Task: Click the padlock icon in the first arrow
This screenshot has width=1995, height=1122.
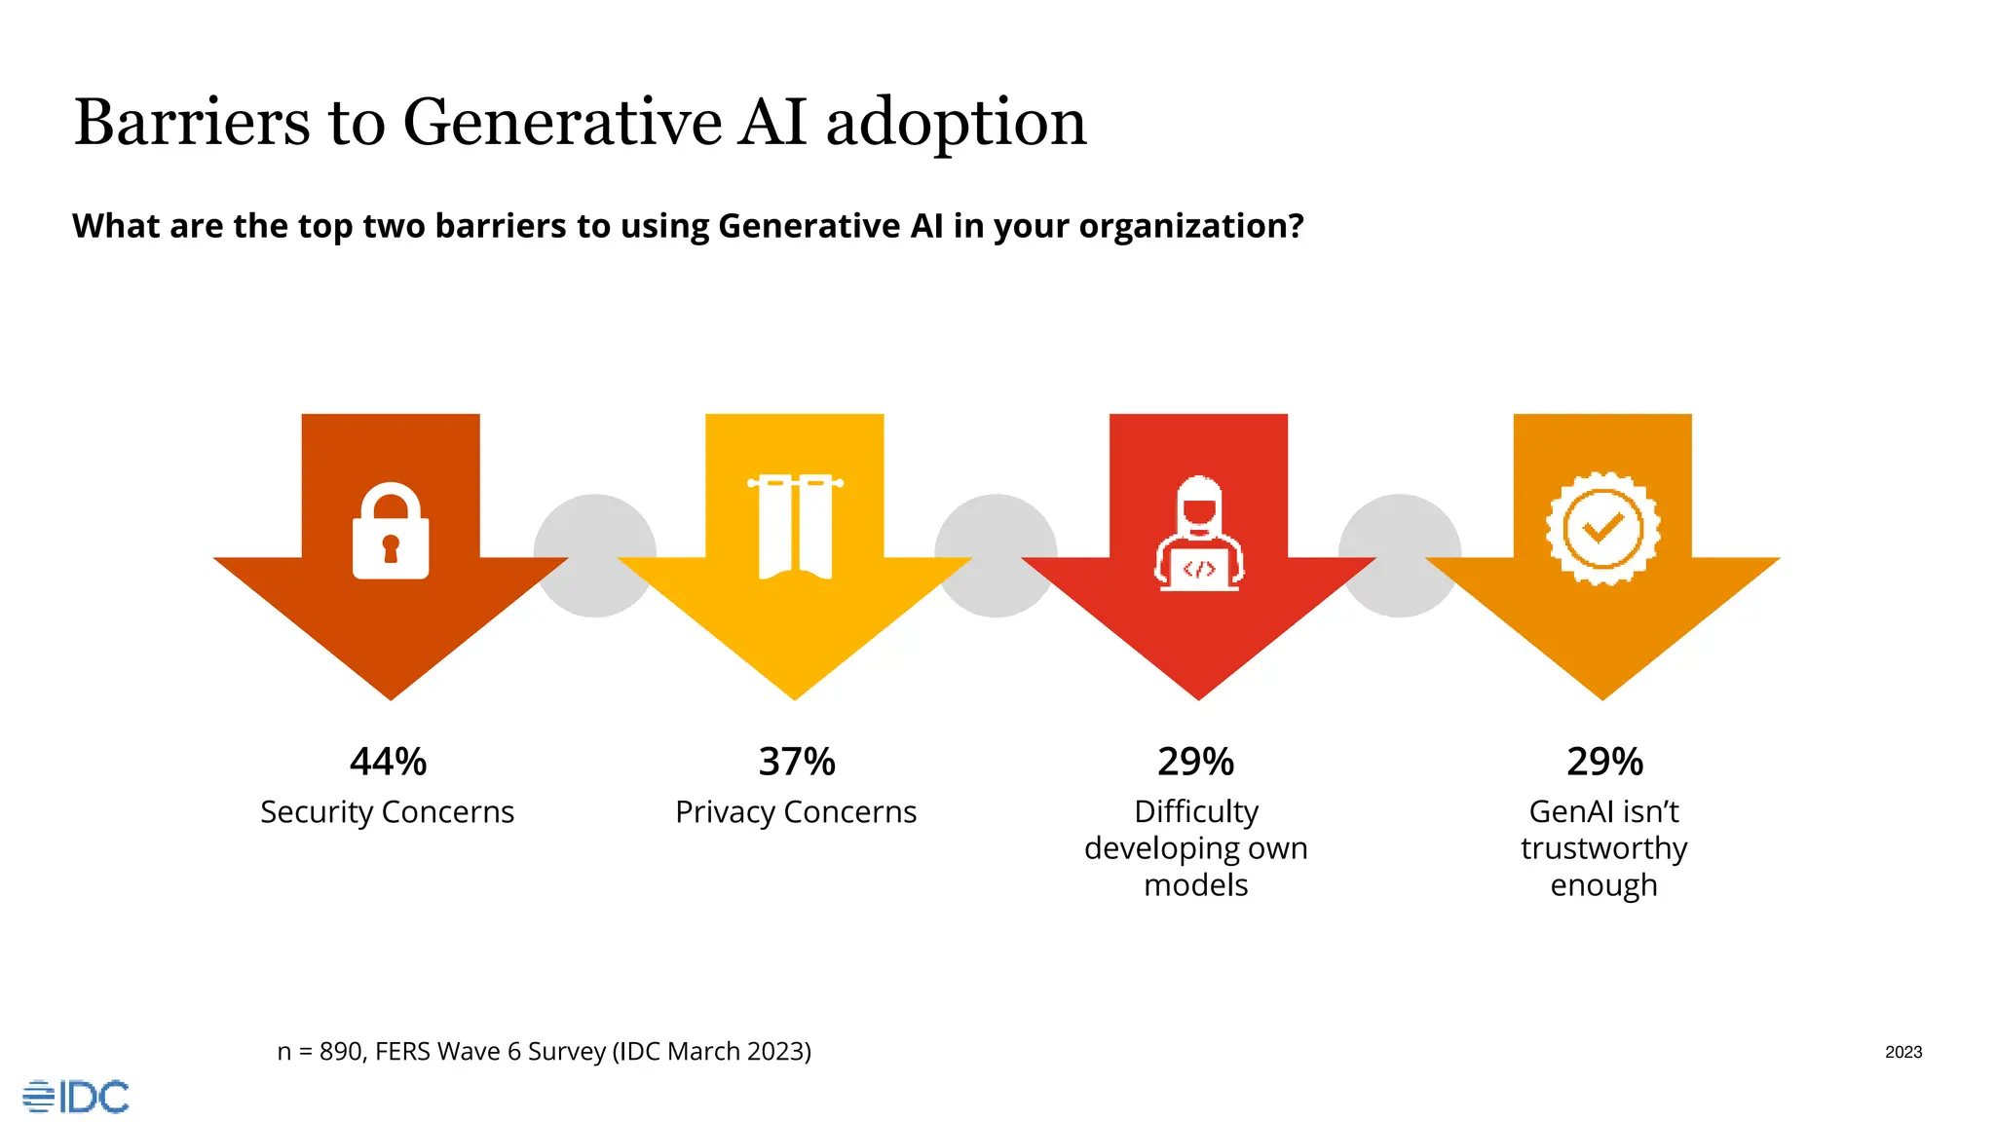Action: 391,532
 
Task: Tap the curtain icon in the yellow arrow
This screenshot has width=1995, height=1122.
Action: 795,527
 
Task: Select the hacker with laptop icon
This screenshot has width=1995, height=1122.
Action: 1199,534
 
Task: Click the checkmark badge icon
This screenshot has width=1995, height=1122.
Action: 1602,529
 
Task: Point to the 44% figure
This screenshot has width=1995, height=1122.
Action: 388,762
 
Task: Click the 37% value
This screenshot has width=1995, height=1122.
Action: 797,762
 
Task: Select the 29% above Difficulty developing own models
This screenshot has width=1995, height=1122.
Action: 1195,762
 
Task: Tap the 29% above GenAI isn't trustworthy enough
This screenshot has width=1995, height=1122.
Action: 1604,762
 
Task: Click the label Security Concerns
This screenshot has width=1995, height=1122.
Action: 387,812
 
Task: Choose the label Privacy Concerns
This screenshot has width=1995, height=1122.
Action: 796,812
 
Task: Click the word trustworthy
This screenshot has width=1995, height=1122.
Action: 1603,848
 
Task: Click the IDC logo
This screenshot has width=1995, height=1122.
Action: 76,1097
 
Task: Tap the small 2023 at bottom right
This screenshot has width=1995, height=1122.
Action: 1902,1052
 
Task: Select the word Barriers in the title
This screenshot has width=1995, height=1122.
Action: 192,123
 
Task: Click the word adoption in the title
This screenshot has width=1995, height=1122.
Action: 956,123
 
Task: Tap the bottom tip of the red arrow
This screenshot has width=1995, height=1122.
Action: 1198,695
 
